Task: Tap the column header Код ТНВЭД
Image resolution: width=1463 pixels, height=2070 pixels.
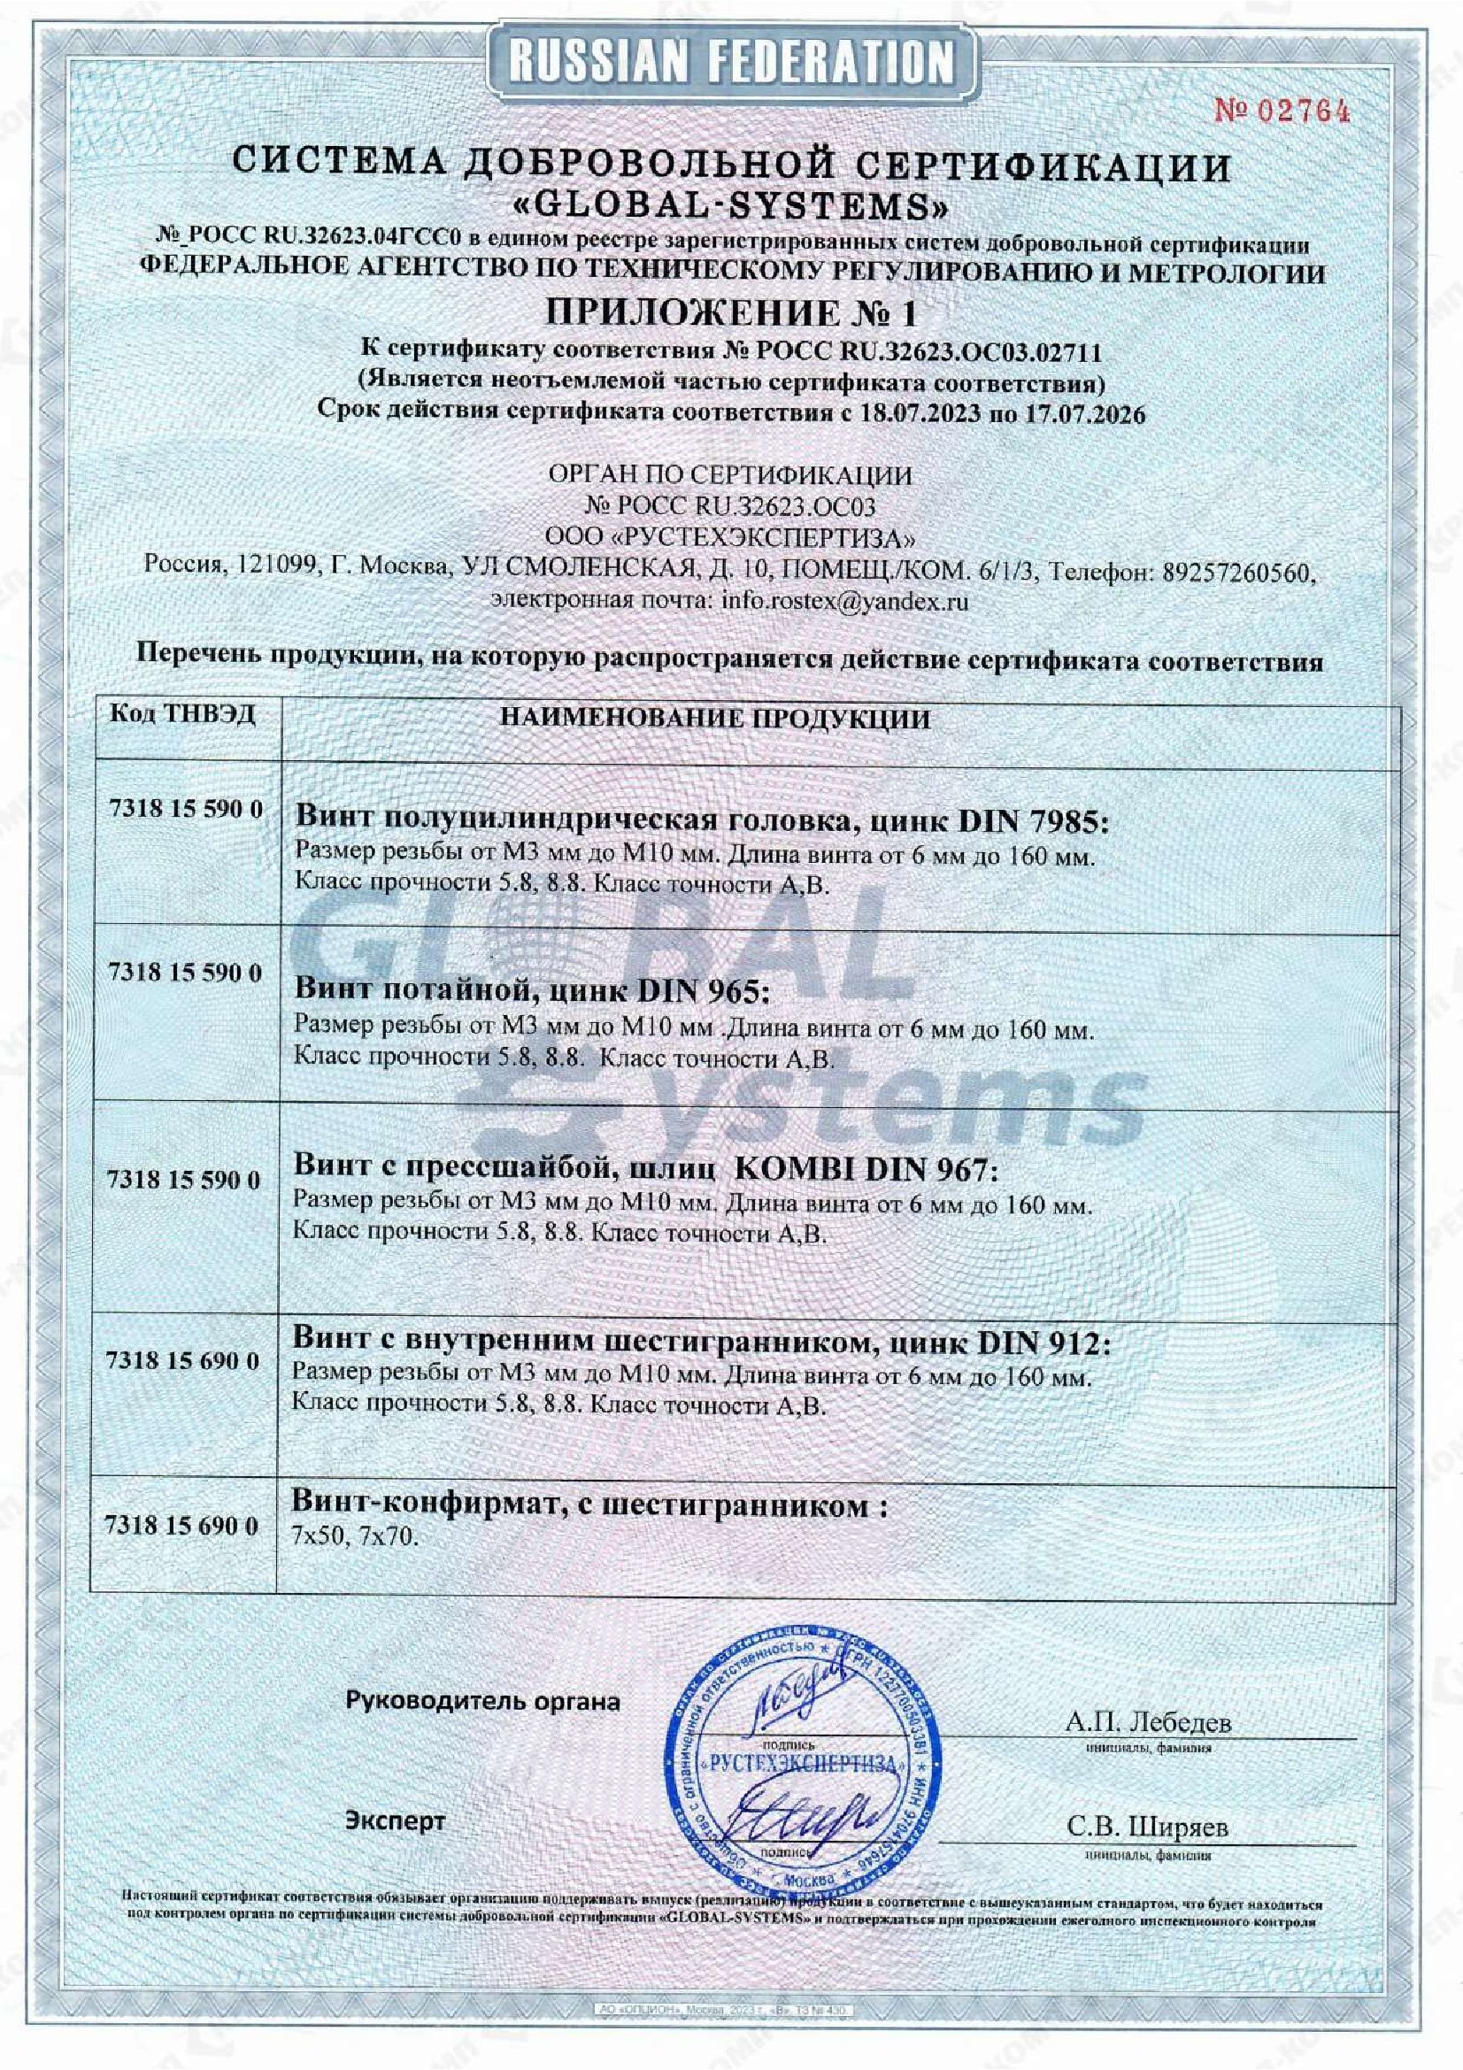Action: (183, 715)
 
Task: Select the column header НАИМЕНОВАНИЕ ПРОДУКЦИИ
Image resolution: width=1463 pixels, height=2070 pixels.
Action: (715, 719)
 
